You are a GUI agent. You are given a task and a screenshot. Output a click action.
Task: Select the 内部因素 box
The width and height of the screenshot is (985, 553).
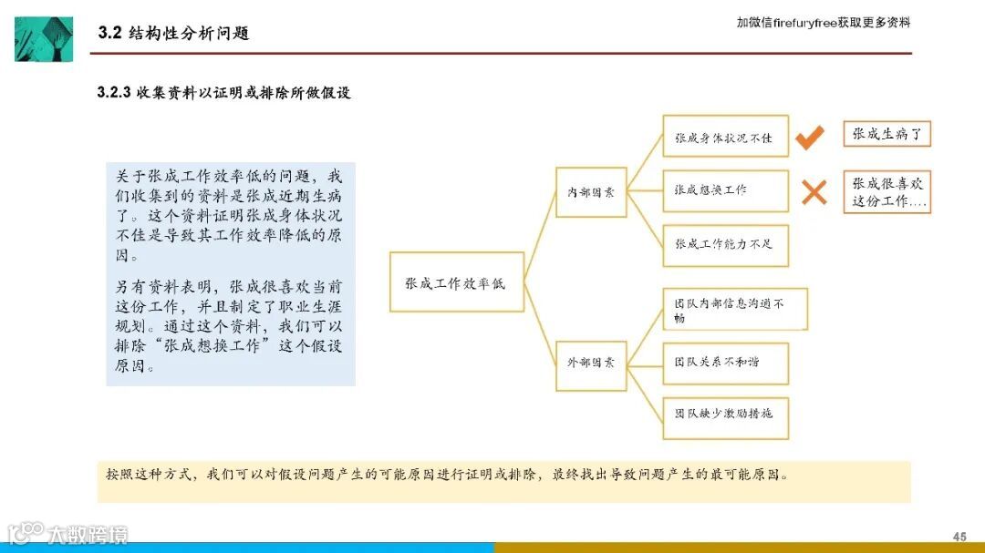(591, 192)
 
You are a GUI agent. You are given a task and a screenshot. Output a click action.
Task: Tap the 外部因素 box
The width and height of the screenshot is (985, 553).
(591, 363)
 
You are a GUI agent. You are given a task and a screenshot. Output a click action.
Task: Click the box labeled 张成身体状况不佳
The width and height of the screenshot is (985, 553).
(725, 138)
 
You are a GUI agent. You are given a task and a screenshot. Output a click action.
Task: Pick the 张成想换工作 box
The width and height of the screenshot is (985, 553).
(725, 190)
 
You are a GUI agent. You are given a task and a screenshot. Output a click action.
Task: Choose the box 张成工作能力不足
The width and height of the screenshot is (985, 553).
(725, 244)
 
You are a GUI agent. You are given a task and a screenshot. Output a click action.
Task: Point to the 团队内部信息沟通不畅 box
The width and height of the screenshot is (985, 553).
(734, 309)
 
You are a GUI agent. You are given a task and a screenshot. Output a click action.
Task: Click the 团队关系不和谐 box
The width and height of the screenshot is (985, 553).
(725, 363)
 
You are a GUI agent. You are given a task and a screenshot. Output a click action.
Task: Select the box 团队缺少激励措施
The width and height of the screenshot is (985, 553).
(725, 415)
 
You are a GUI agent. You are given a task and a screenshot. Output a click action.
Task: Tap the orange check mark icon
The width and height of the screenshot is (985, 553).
(810, 138)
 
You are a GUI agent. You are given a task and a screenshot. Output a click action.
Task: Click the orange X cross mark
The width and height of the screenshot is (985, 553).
(814, 191)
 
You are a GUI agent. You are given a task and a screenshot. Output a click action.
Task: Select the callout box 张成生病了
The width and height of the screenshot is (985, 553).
(886, 135)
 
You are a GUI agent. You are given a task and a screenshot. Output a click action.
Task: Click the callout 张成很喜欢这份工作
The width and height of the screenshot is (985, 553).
(886, 192)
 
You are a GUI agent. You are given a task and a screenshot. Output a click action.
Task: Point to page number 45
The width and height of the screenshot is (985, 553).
(959, 536)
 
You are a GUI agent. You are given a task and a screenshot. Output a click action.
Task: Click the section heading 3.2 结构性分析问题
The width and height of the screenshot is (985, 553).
(173, 34)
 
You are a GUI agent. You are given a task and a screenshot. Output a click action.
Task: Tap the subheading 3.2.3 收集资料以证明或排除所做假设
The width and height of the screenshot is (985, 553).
(223, 93)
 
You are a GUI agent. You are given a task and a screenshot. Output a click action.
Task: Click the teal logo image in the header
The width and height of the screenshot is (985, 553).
(44, 38)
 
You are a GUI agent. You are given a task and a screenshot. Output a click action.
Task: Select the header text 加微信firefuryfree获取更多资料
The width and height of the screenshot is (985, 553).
(823, 22)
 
